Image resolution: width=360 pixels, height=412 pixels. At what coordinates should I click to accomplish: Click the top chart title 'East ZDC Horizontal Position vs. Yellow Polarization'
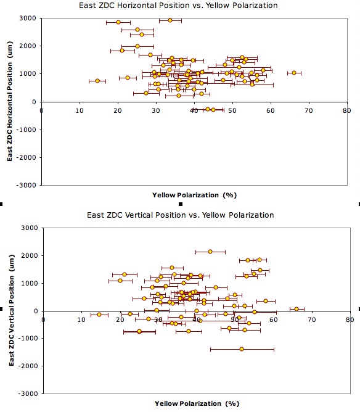tap(178, 6)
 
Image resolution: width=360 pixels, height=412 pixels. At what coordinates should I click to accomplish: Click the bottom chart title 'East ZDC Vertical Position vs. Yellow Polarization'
tap(181, 215)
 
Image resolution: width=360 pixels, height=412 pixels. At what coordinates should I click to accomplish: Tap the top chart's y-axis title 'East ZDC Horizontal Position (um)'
tap(10, 101)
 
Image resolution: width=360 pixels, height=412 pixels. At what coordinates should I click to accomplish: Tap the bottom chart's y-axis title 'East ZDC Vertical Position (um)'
tap(11, 310)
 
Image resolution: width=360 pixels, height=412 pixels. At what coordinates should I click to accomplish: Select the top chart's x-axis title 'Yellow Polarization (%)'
tap(195, 196)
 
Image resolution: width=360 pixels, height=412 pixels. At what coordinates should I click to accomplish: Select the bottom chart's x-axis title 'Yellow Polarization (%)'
tap(197, 403)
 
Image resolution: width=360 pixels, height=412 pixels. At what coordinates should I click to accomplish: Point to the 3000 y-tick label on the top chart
tap(27, 18)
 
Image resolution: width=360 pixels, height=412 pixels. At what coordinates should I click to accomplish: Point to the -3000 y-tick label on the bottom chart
tap(28, 393)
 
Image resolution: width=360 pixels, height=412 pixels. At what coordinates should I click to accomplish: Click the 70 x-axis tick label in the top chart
tap(309, 110)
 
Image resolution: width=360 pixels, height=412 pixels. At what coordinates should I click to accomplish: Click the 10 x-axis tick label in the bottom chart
tap(81, 319)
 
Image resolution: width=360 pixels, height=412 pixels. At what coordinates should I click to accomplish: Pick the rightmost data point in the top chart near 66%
tap(294, 73)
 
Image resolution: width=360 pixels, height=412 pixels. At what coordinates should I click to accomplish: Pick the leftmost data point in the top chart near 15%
tap(97, 81)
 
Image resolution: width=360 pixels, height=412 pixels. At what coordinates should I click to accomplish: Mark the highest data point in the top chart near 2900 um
tap(170, 20)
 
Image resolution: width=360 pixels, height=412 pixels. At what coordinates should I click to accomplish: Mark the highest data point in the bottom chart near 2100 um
tap(210, 252)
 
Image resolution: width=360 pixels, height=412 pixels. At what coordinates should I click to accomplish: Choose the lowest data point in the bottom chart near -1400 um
tap(242, 349)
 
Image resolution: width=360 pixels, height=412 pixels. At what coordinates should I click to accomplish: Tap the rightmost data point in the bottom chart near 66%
tap(297, 309)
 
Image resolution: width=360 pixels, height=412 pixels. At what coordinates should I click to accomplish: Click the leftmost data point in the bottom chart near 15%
tap(99, 315)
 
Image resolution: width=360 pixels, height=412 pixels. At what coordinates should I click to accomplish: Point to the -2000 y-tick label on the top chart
tap(27, 157)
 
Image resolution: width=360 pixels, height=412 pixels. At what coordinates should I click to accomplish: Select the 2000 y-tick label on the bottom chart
tap(30, 255)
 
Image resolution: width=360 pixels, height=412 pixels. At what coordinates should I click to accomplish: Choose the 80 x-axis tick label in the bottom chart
tap(350, 319)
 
